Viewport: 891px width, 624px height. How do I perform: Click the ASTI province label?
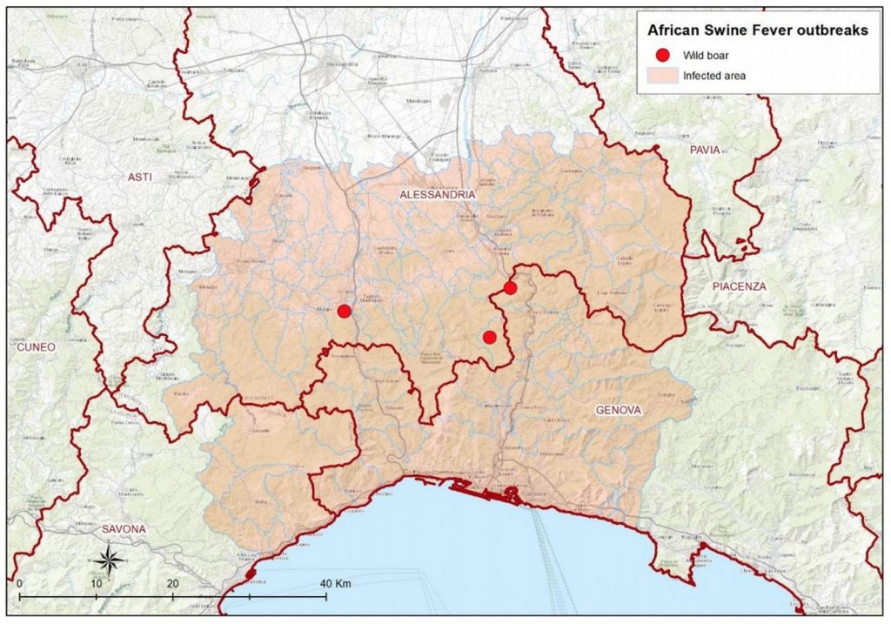click(139, 177)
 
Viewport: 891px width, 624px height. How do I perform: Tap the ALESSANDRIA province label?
click(438, 195)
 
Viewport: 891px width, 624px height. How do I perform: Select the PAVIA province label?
click(705, 150)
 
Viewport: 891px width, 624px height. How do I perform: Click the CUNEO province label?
click(36, 347)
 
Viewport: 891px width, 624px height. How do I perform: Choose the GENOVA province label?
click(619, 409)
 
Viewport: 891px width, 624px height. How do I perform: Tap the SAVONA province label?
click(124, 528)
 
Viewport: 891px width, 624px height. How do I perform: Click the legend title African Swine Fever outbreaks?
click(757, 30)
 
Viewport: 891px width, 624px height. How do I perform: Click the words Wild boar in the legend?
click(706, 55)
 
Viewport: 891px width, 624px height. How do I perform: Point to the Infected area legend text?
click(713, 76)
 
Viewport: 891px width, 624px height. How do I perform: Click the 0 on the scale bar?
click(18, 582)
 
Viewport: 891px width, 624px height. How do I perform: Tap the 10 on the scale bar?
click(96, 582)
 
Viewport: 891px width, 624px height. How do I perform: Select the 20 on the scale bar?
click(172, 582)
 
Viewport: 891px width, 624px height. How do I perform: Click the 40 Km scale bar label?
click(334, 582)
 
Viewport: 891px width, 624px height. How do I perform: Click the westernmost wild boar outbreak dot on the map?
click(345, 311)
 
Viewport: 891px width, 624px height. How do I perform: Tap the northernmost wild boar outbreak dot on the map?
click(510, 287)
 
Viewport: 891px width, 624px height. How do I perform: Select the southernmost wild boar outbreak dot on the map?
click(489, 337)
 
